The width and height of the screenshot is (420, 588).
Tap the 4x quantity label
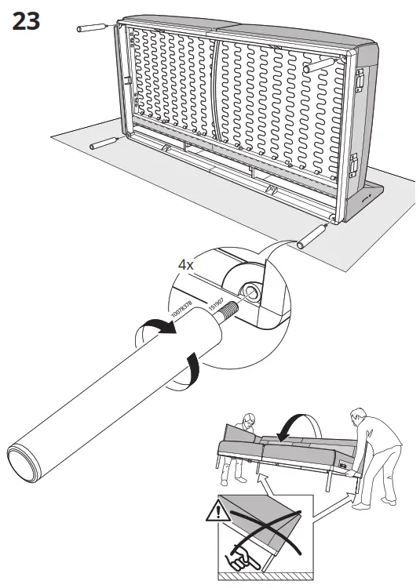[x=186, y=265]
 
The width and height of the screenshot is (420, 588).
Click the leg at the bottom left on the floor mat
[x=104, y=143]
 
